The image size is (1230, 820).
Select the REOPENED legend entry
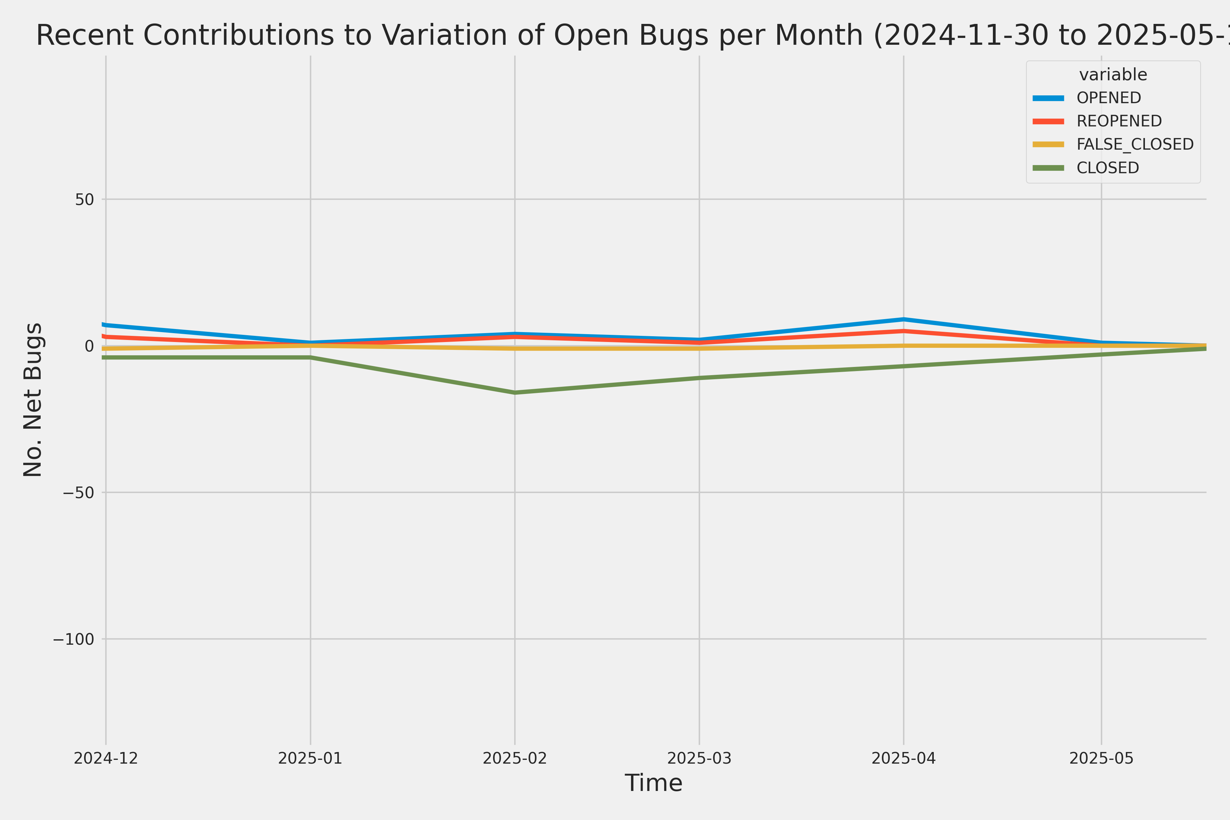[x=1119, y=121]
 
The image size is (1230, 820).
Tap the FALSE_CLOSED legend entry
[x=1134, y=144]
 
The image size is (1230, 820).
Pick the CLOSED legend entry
[x=1107, y=168]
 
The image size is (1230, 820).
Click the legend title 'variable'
[x=1113, y=75]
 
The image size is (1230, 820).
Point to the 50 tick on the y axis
[x=84, y=199]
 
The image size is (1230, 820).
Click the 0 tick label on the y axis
[x=89, y=346]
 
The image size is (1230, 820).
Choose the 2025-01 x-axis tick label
[x=310, y=758]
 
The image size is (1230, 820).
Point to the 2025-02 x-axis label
[x=515, y=758]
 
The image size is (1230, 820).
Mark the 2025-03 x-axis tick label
[x=699, y=758]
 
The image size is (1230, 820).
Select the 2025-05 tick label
[x=1101, y=758]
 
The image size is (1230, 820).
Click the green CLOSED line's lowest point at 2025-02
[x=515, y=392]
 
